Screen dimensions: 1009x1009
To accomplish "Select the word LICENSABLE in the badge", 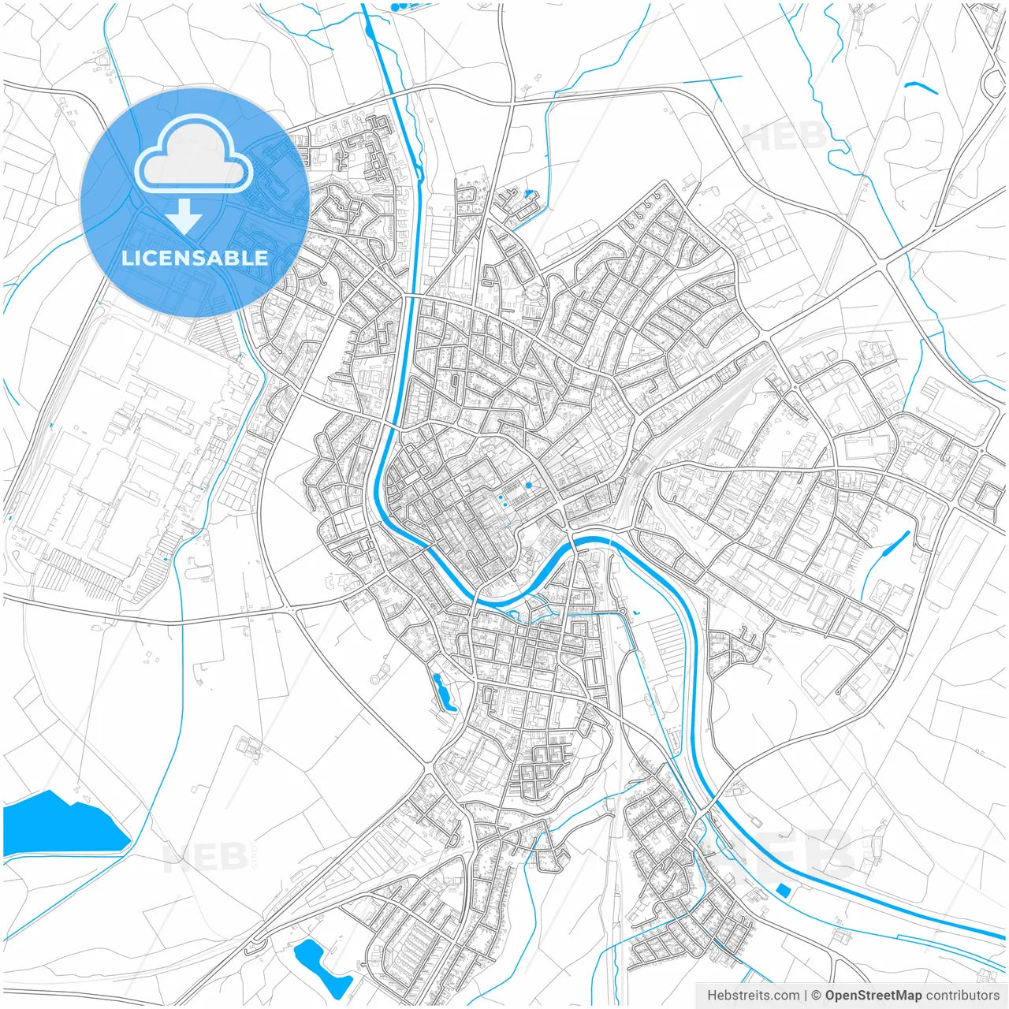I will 194,258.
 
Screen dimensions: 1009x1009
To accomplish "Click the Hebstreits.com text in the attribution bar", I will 753,996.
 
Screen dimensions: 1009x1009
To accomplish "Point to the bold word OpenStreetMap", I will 873,996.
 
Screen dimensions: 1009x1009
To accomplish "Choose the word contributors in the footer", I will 962,996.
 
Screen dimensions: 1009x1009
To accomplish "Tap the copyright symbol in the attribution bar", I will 817,996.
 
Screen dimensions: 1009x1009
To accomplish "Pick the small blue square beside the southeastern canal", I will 784,890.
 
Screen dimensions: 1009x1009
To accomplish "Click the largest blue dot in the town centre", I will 528,485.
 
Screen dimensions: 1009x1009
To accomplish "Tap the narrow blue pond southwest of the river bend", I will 444,693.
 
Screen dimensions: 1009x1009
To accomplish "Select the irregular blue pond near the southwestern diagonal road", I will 322,967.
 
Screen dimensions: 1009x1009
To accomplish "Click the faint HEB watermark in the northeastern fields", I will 784,138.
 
